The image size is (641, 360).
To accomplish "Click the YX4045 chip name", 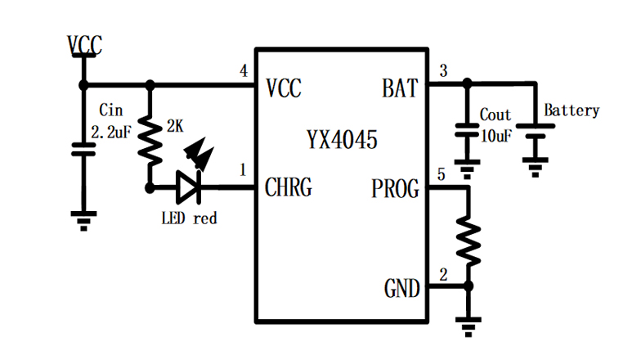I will (342, 141).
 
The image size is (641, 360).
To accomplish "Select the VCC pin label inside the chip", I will (284, 88).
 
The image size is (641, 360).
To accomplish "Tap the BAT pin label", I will (400, 88).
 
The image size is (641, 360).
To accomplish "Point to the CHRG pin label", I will (288, 188).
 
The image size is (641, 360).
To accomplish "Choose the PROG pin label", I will (395, 190).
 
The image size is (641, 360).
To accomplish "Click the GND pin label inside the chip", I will (401, 288).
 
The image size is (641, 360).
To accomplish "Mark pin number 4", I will (243, 72).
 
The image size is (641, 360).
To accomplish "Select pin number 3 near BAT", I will (443, 70).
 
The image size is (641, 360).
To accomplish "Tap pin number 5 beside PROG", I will (442, 174).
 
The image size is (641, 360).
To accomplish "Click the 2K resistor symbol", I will (150, 137).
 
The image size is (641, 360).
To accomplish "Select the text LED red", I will (189, 218).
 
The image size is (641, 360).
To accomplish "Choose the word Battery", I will (572, 110).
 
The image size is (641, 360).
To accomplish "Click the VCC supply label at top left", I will (83, 46).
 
